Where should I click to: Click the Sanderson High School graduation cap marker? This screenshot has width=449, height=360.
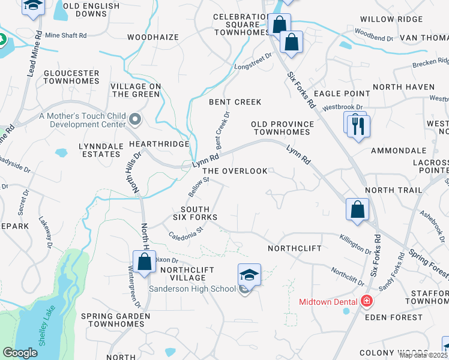point(249,275)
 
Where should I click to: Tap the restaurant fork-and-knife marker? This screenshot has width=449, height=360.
point(359,127)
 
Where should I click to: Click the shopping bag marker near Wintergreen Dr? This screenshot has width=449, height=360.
point(144,262)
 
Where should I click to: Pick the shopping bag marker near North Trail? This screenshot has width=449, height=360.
point(357,211)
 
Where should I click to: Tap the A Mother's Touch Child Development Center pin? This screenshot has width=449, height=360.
point(134,121)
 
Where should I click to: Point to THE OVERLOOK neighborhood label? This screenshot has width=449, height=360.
point(235,171)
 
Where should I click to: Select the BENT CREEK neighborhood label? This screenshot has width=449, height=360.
point(235,102)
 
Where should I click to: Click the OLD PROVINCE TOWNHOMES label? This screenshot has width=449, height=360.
point(283,128)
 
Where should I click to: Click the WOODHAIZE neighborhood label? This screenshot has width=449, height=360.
point(153,37)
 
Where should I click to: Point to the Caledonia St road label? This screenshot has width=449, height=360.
point(187,232)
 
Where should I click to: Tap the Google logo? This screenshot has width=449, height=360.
point(20,353)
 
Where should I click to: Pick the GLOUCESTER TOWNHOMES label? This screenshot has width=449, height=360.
point(71,77)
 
